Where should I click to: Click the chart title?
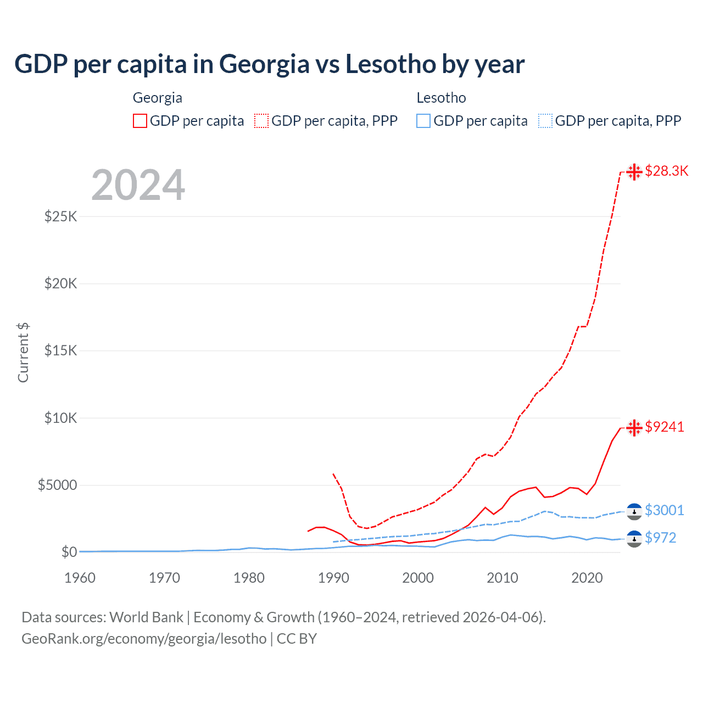pyautogui.click(x=269, y=64)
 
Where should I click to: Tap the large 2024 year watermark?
pyautogui.click(x=138, y=185)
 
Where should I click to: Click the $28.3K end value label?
pyautogui.click(x=666, y=171)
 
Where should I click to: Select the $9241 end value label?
pyautogui.click(x=665, y=427)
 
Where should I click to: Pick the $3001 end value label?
pyautogui.click(x=664, y=510)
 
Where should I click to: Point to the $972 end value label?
pyautogui.click(x=660, y=538)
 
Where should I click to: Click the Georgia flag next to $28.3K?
pyautogui.click(x=634, y=172)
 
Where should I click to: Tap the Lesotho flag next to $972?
pyautogui.click(x=634, y=538)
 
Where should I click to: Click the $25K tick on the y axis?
pyautogui.click(x=61, y=216)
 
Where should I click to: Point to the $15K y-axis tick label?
pyautogui.click(x=61, y=350)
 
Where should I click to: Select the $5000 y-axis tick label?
pyautogui.click(x=57, y=485)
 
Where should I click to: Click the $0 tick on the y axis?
pyautogui.click(x=69, y=552)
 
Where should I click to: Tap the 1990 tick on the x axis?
pyautogui.click(x=333, y=578)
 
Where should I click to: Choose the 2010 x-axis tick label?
pyautogui.click(x=503, y=578)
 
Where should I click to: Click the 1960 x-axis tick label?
pyautogui.click(x=80, y=578)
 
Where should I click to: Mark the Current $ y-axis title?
pyautogui.click(x=23, y=353)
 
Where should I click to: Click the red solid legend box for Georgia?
pyautogui.click(x=140, y=121)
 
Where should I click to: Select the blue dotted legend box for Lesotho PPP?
pyautogui.click(x=545, y=121)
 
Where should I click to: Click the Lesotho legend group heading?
pyautogui.click(x=441, y=98)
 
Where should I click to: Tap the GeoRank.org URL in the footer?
pyautogui.click(x=144, y=639)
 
